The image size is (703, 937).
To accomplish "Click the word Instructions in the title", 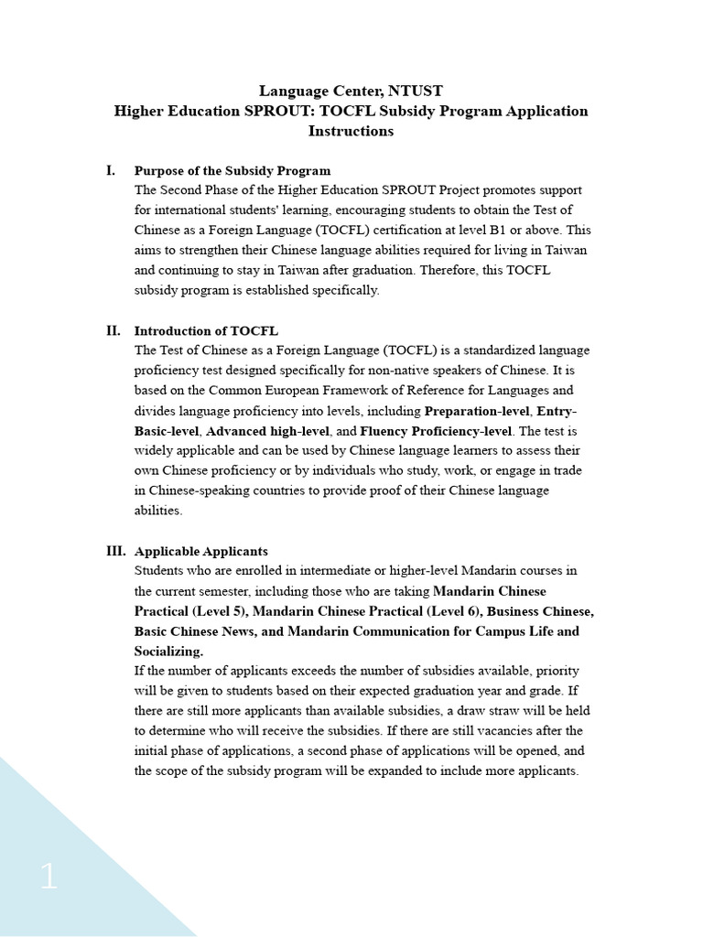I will click(351, 131).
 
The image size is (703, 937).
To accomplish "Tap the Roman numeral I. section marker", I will click(111, 170).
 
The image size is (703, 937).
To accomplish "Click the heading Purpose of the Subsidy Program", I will click(233, 171).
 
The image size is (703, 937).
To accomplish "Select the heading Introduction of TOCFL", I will click(206, 331).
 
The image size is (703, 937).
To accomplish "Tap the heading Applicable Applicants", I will click(201, 552).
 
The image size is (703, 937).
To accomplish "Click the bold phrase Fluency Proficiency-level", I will click(436, 431).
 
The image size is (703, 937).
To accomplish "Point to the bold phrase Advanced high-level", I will click(264, 431).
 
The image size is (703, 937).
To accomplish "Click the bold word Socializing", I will click(169, 652).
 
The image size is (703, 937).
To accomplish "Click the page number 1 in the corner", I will click(49, 878).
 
